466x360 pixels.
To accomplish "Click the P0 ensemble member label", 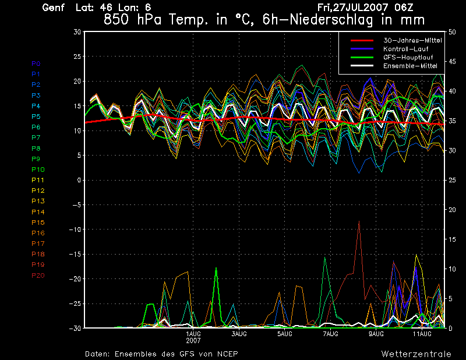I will coord(36,63).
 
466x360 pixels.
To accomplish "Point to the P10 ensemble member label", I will coord(37,170).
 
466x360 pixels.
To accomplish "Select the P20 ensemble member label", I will coord(38,276).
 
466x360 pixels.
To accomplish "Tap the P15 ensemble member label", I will coord(38,223).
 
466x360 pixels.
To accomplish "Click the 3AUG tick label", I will coord(239,334).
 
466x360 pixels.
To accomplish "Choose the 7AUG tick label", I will coord(330,334).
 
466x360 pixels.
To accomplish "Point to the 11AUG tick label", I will coord(422,334).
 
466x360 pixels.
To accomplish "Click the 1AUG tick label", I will coord(193,334).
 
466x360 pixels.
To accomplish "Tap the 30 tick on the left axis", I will coord(77,32).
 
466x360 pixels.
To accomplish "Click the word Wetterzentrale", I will coord(416,354).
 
